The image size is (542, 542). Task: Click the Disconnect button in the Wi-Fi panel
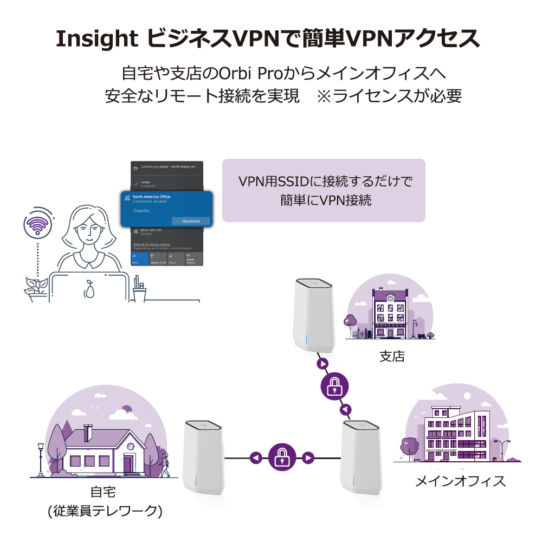pos(190,221)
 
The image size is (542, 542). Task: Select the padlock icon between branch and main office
pos(335,386)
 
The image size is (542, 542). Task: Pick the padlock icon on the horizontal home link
pos(281,458)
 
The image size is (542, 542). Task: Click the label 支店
pos(392,357)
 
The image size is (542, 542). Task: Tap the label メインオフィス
pos(460,481)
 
